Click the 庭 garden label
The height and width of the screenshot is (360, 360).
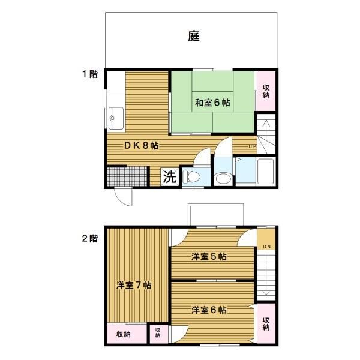(194, 36)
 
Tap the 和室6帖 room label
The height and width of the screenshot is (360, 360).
(212, 103)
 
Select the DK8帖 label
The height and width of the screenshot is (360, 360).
(141, 145)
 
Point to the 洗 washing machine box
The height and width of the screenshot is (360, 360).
(170, 177)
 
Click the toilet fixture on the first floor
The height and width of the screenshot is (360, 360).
(191, 177)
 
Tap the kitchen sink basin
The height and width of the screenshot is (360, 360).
(116, 118)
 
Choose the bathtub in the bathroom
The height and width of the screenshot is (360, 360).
(266, 171)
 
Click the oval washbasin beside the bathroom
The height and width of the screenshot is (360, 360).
(223, 178)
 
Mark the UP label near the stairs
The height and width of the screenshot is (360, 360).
(252, 146)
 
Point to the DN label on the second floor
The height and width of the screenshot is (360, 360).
(266, 247)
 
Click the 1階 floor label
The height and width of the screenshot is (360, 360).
(90, 74)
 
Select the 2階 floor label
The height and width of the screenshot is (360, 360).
(90, 238)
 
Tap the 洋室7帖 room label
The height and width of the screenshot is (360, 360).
(134, 285)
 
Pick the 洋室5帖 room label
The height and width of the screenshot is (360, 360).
(209, 256)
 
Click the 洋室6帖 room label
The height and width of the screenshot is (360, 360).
(209, 310)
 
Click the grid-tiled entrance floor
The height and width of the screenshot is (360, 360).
(127, 176)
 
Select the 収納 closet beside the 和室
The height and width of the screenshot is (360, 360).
(266, 91)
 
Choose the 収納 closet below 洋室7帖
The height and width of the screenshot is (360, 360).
(127, 334)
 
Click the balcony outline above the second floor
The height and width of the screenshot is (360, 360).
(215, 204)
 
